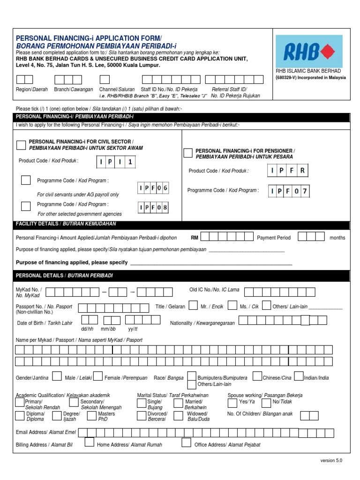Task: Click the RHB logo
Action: point(309,51)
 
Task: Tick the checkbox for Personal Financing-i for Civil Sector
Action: point(21,145)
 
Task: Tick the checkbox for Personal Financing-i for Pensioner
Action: point(187,153)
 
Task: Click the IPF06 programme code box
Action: point(153,188)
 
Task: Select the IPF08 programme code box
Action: point(153,207)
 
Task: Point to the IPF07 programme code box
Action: point(290,191)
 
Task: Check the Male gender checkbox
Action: point(57,376)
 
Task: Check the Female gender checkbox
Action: point(97,376)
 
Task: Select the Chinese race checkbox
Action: point(257,376)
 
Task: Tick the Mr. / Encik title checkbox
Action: point(193,306)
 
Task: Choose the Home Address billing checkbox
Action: point(89,443)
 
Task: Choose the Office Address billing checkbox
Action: point(186,443)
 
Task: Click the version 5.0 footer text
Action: point(331,461)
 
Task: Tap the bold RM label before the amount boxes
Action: point(195,238)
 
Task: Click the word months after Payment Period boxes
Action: point(337,238)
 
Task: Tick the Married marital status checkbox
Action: point(178,403)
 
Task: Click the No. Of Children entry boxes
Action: point(309,415)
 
